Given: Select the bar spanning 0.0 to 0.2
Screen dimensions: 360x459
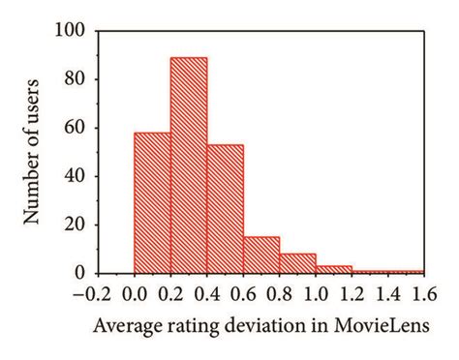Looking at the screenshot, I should (152, 203).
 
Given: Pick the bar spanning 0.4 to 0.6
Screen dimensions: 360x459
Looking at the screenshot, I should (225, 209).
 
